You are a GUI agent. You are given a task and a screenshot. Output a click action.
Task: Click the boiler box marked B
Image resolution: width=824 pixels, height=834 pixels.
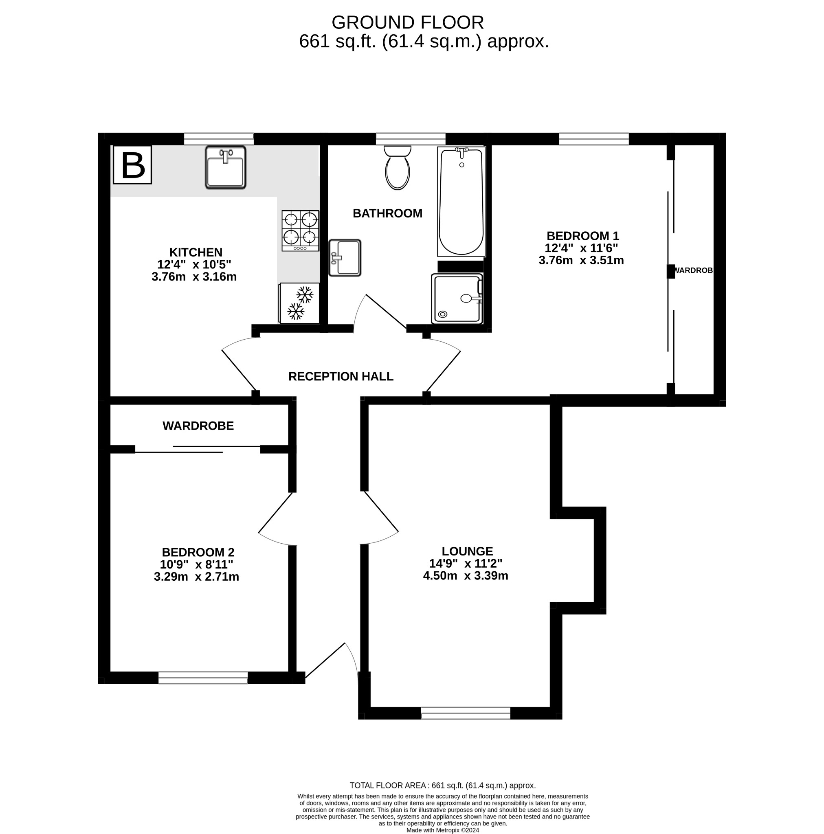(x=132, y=165)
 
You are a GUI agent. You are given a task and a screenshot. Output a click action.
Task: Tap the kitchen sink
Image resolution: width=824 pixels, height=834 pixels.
(x=225, y=167)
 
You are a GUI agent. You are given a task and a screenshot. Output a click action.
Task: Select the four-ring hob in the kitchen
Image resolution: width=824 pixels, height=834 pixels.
(x=300, y=230)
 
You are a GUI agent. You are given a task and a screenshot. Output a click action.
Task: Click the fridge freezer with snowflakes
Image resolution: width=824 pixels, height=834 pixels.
(x=299, y=303)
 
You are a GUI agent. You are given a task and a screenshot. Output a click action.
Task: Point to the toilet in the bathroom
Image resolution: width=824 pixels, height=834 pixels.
(x=397, y=168)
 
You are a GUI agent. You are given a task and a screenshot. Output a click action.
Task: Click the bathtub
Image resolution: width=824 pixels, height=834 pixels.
(x=461, y=202)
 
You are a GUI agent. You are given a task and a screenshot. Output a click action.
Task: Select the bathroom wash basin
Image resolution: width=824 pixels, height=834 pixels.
(x=345, y=258)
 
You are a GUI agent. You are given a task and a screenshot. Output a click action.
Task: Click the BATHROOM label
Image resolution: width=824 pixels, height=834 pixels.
(x=387, y=213)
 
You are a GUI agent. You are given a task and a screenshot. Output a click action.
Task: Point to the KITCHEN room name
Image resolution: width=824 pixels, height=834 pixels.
(x=196, y=252)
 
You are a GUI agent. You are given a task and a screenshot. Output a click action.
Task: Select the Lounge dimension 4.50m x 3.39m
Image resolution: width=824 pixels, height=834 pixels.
(x=465, y=575)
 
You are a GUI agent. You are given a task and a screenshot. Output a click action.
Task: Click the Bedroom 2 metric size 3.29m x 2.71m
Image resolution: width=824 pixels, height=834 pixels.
(x=196, y=576)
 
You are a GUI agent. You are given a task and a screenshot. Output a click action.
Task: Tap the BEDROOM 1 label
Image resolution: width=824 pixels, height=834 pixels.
(x=582, y=236)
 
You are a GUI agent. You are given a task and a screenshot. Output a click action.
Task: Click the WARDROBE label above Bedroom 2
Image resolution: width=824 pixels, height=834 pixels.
(x=198, y=426)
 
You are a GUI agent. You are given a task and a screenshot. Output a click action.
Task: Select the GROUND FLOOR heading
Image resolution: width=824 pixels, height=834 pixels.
(x=407, y=22)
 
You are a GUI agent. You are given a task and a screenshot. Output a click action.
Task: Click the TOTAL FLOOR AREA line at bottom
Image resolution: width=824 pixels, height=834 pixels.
(x=442, y=785)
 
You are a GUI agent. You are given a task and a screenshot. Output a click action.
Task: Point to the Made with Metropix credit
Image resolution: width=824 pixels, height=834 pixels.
(x=442, y=830)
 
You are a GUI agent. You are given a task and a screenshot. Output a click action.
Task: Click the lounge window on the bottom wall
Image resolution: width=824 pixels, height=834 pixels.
(x=465, y=713)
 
